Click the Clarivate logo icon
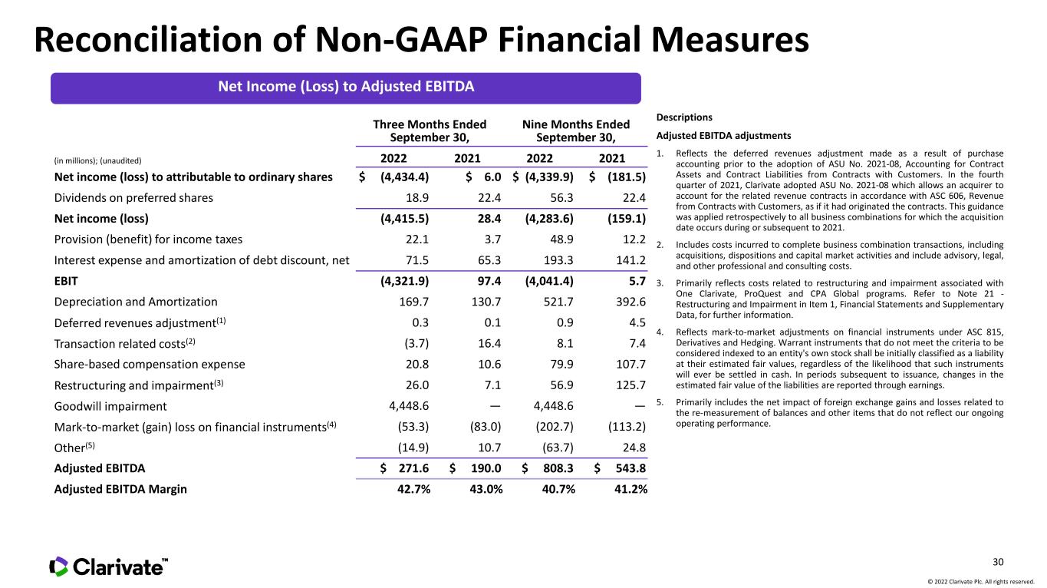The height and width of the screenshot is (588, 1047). pos(59,567)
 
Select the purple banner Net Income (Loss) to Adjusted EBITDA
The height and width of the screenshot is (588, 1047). pos(345,87)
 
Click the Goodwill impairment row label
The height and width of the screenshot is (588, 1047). pos(110,406)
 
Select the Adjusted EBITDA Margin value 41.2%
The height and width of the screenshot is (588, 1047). pos(626,488)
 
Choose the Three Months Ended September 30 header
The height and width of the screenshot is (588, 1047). pos(430,130)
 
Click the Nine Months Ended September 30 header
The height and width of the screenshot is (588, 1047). pos(576,130)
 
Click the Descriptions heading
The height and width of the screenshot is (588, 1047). pos(684,117)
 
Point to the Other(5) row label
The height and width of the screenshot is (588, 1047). pos(75,447)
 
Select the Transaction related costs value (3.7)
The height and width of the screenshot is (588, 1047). pos(414,344)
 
